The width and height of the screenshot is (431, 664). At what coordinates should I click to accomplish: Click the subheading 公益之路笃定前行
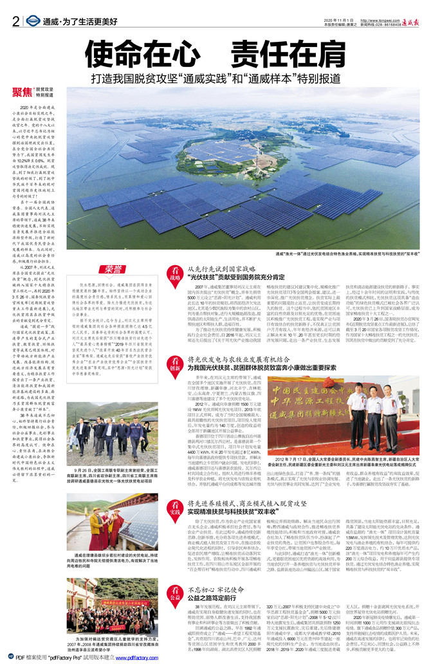pyautogui.click(x=214, y=597)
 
